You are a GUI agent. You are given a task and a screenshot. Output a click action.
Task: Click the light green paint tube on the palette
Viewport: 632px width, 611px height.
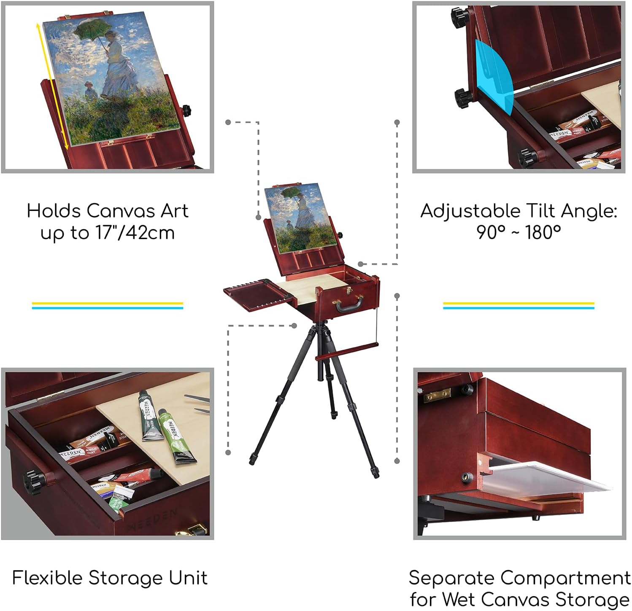(x=174, y=436)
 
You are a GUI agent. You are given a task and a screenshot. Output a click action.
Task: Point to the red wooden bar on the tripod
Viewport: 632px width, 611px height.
(x=347, y=352)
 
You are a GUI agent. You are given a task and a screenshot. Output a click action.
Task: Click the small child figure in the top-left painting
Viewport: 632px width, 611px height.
(x=89, y=90)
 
